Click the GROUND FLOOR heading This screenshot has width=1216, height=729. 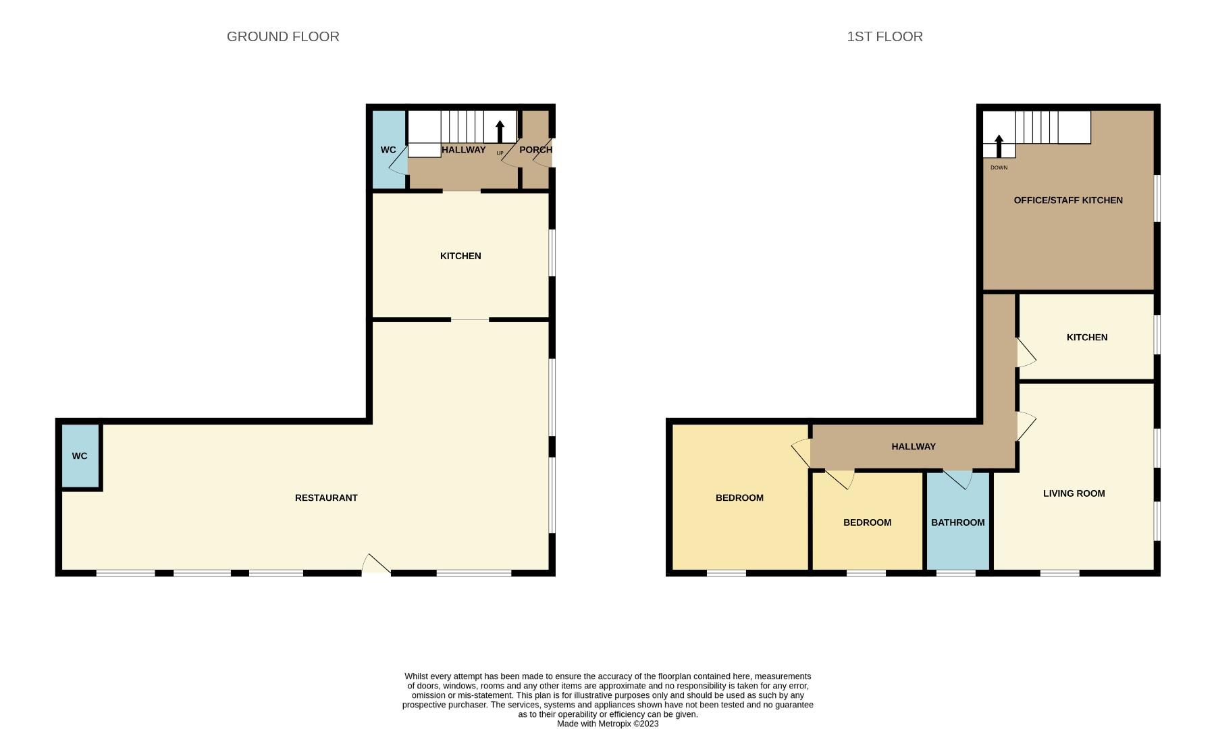[x=283, y=36]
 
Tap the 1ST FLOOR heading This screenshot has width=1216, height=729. [x=884, y=36]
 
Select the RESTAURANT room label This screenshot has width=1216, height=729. [x=326, y=497]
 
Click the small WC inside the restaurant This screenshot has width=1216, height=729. [x=80, y=456]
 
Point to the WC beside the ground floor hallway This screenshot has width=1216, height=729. [x=388, y=150]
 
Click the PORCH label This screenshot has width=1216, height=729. [x=535, y=150]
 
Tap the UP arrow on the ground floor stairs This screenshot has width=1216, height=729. [x=500, y=132]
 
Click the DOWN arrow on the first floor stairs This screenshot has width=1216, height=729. [x=999, y=146]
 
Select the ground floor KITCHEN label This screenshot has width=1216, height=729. [x=460, y=256]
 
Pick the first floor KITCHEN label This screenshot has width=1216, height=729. [x=1086, y=337]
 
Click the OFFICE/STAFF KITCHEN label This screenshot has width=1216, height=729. [x=1068, y=200]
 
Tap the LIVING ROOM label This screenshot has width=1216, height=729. [x=1074, y=493]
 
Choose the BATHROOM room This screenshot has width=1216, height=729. [x=957, y=522]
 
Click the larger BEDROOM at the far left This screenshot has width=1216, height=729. [x=739, y=497]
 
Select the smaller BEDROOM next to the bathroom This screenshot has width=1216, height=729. [x=867, y=522]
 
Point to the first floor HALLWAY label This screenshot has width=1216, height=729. [x=913, y=446]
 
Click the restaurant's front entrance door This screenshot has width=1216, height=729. [x=375, y=566]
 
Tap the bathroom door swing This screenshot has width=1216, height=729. [x=959, y=479]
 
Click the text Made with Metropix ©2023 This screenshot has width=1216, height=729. [x=607, y=724]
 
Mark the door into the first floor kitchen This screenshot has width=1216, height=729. [x=1025, y=353]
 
